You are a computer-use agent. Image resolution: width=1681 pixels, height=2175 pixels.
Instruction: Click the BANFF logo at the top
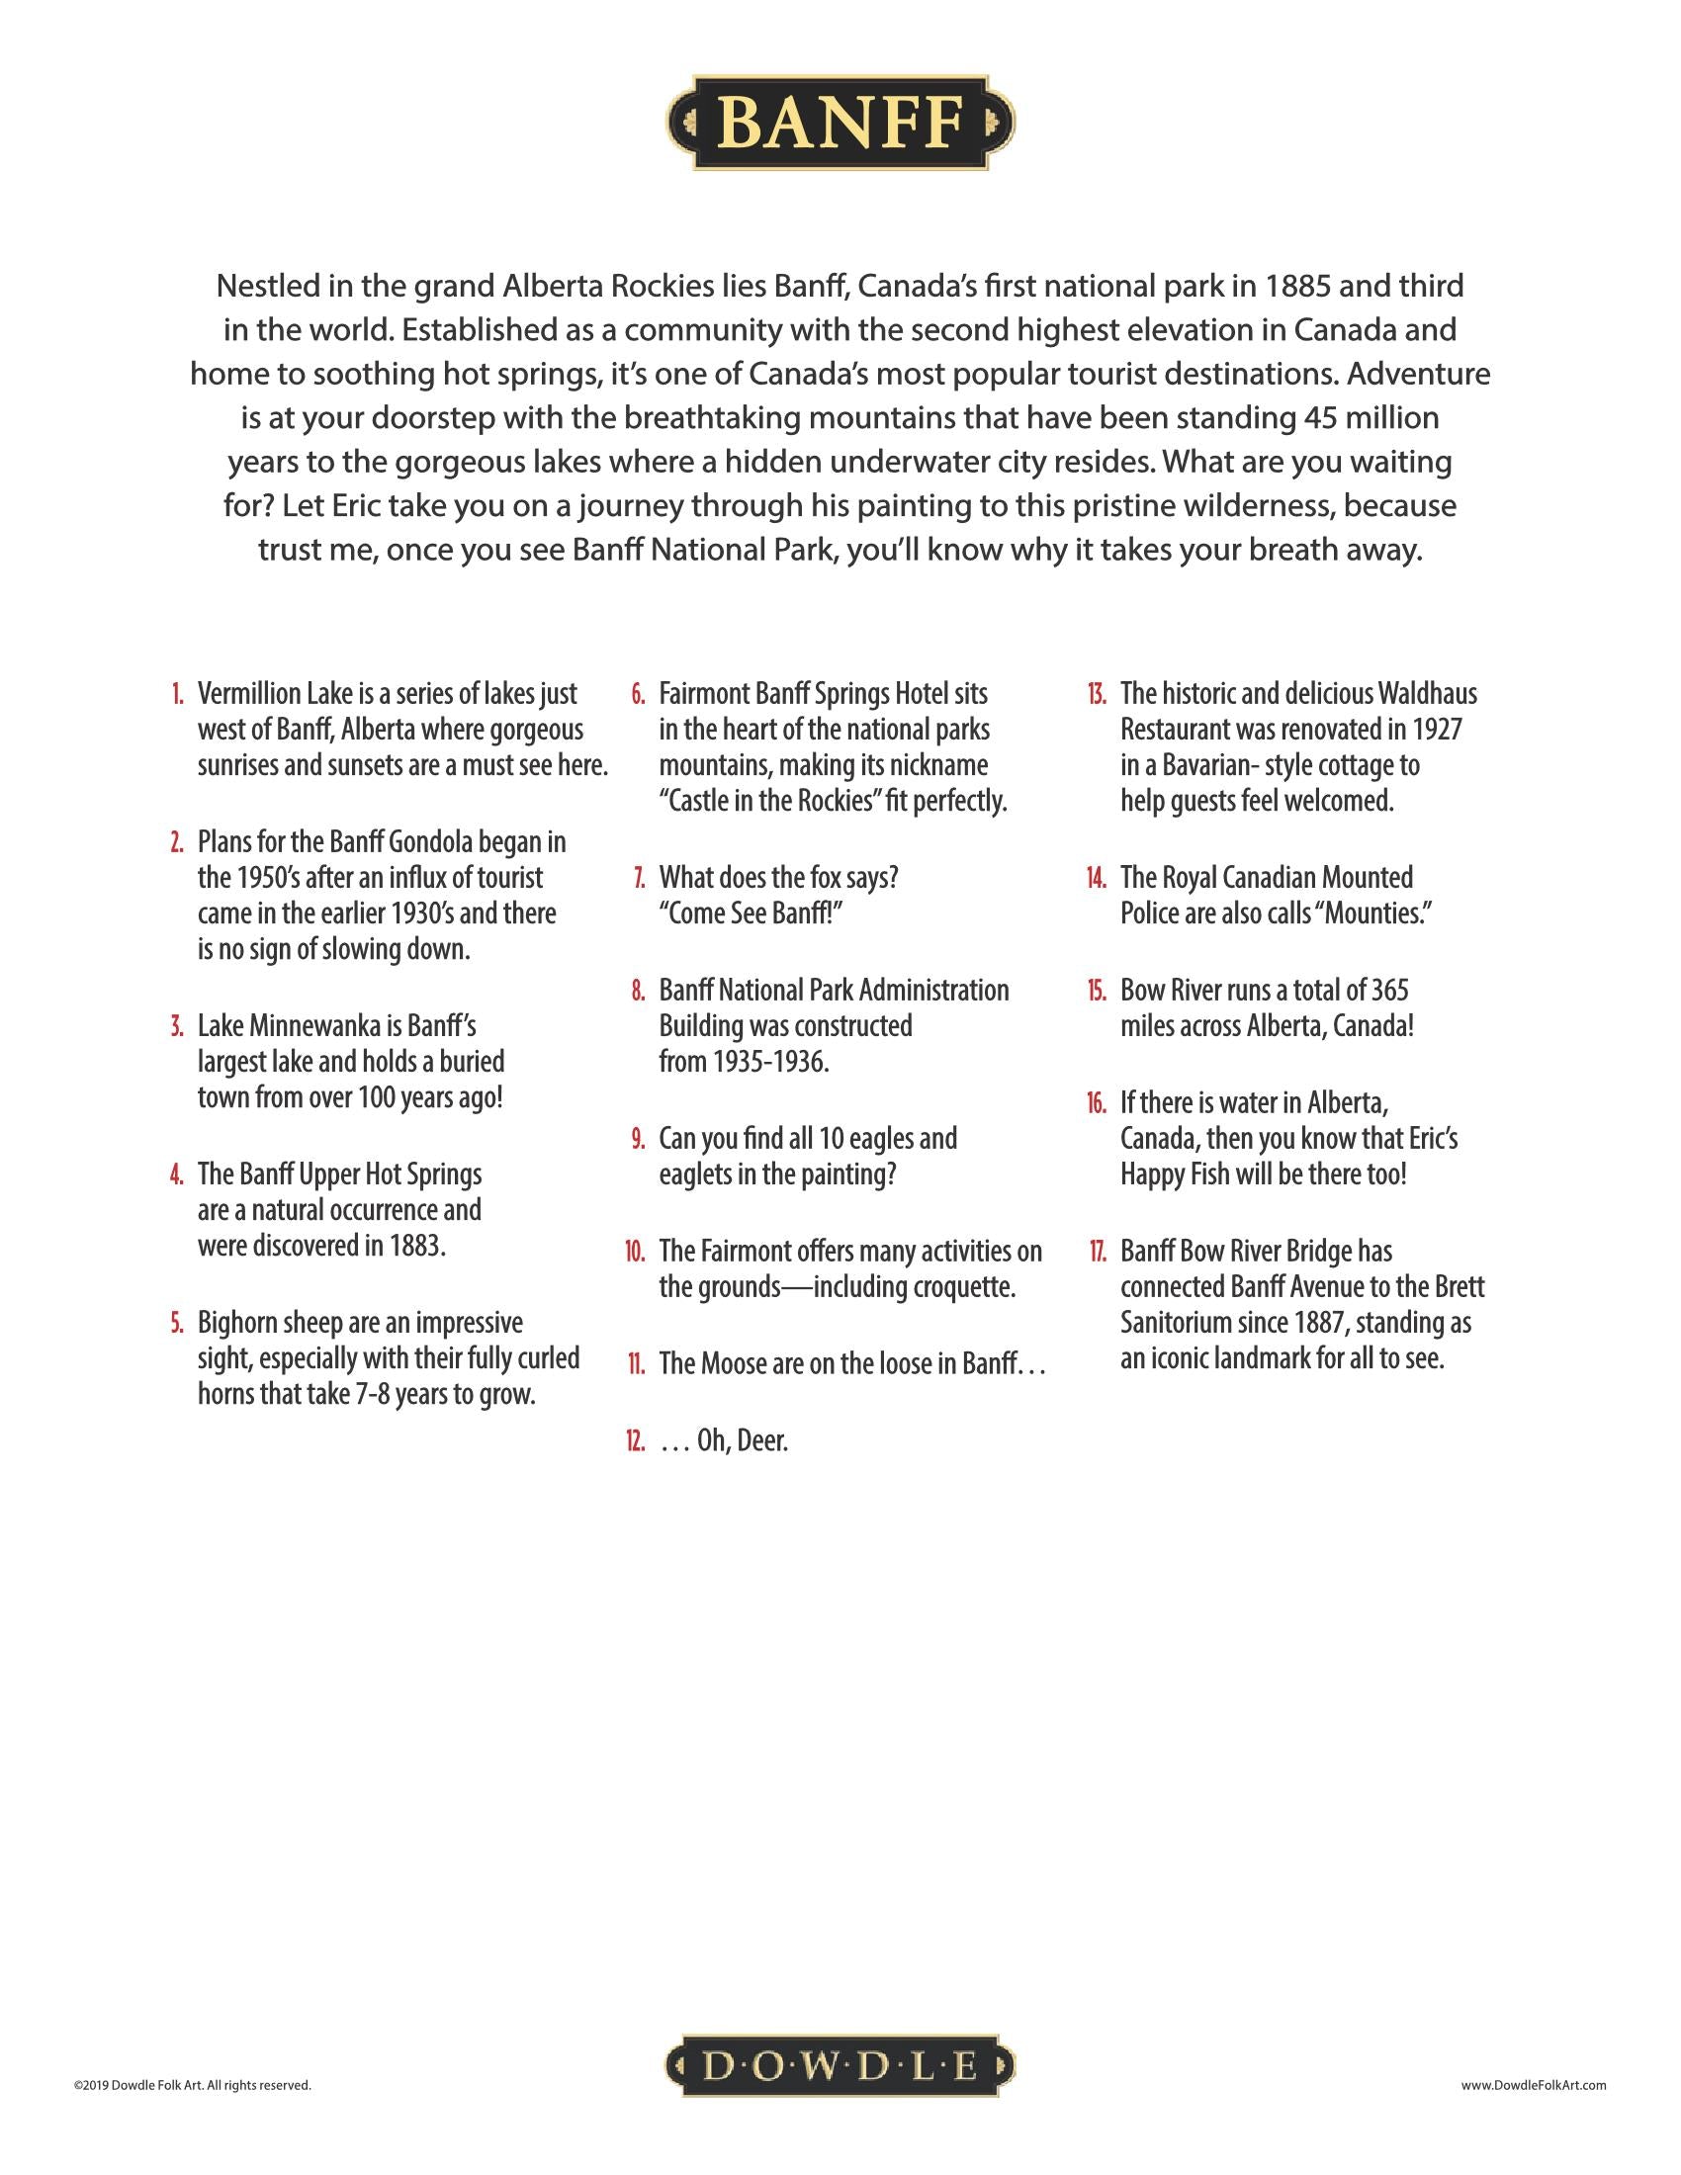coord(840,123)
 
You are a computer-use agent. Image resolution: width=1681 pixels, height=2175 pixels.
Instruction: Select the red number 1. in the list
coord(176,694)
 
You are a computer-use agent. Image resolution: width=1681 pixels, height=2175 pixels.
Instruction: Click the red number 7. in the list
coord(639,878)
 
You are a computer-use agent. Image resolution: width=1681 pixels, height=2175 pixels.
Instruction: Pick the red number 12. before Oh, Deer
coord(636,1441)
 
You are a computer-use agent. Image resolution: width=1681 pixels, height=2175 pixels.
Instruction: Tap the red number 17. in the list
coord(1097,1252)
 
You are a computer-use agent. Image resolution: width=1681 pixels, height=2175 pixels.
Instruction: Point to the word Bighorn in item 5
coord(235,1324)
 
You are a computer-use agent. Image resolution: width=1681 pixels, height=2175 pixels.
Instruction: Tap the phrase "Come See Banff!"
coord(751,914)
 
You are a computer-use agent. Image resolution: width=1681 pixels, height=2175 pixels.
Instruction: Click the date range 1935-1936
coord(768,1063)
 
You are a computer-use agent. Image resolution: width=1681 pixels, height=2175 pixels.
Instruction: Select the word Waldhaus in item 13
coord(1420,694)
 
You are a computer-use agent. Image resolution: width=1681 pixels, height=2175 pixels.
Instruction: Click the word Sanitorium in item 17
coord(1182,1324)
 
